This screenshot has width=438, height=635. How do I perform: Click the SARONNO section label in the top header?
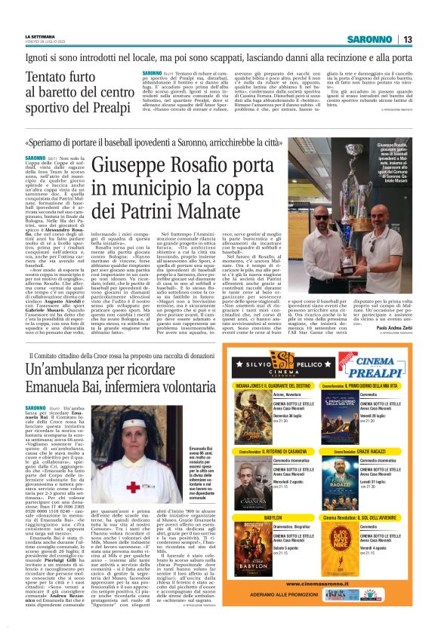click(x=369, y=39)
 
